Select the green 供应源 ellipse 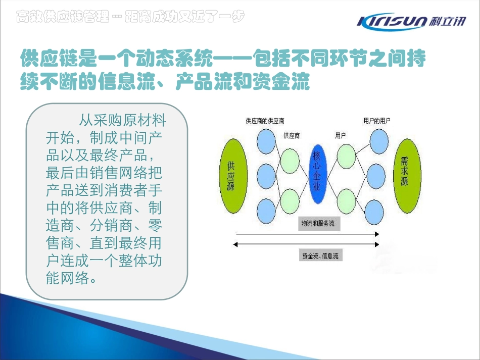coord(232,176)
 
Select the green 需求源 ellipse coord(406,176)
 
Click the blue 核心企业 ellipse coord(316,176)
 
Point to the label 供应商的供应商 coord(265,121)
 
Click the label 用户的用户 coord(376,121)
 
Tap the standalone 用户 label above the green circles coord(340,135)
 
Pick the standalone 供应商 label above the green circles coord(292,135)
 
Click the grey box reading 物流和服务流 coord(318,224)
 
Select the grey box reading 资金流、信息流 coord(320,256)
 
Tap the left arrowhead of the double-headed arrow coord(235,244)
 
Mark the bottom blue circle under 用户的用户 coord(376,211)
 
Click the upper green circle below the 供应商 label coord(290,161)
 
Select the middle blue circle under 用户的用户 coord(376,176)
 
